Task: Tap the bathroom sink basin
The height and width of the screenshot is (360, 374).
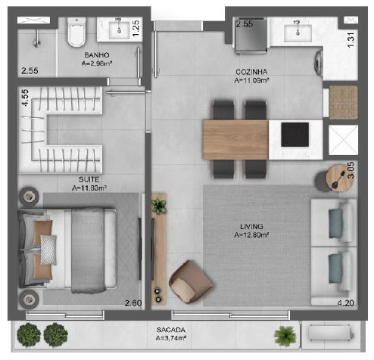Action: (x=120, y=30)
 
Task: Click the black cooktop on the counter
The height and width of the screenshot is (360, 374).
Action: (x=295, y=134)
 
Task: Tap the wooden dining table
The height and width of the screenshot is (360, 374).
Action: (x=235, y=139)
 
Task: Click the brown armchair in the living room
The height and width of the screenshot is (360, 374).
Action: (x=185, y=280)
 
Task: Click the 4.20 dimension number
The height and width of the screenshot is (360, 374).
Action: (x=344, y=304)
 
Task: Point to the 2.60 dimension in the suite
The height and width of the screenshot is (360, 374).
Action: (x=132, y=304)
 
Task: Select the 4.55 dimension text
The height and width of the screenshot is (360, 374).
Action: (x=25, y=100)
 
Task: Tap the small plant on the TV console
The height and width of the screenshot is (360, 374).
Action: (x=159, y=205)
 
